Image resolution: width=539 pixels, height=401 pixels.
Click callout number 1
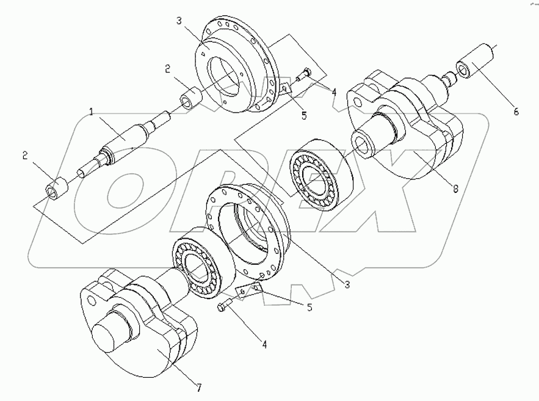click(x=91, y=112)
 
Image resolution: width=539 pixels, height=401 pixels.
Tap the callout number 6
click(x=515, y=112)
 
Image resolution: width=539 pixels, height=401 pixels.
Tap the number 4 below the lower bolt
click(x=264, y=345)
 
